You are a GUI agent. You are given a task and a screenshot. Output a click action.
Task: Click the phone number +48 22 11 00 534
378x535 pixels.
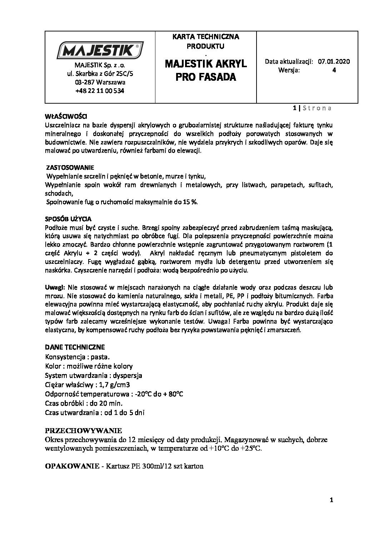(x=100, y=91)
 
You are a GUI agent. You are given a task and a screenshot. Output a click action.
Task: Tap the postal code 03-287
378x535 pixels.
(x=85, y=83)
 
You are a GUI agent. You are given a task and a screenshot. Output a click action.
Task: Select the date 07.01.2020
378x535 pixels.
(x=334, y=61)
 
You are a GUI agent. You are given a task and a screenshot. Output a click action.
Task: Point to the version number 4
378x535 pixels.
(x=334, y=70)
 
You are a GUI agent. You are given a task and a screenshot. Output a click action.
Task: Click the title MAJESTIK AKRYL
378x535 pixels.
(x=206, y=64)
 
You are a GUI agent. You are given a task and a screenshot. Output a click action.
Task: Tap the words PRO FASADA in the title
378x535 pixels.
(x=206, y=77)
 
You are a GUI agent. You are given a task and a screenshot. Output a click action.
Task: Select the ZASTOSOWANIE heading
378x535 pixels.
(x=70, y=167)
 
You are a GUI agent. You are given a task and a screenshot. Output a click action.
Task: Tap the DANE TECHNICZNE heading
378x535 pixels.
(x=75, y=347)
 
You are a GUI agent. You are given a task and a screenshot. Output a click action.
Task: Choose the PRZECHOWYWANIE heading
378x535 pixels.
(x=84, y=430)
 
